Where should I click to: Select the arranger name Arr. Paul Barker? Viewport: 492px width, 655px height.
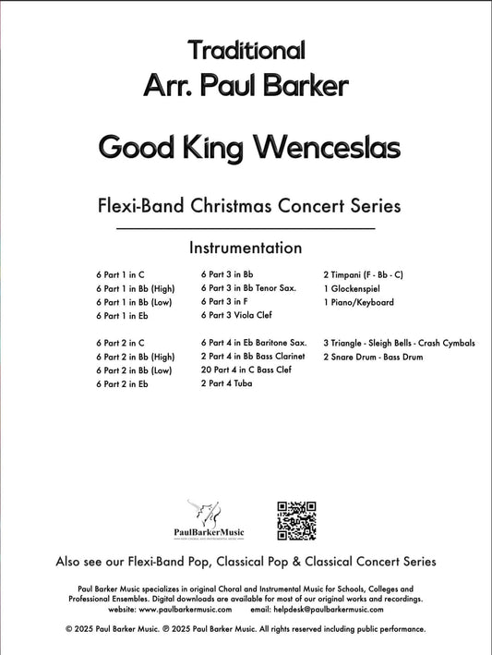coord(246,87)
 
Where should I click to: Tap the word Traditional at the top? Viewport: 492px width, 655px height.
coord(246,49)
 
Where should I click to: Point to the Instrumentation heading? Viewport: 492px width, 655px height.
coord(246,248)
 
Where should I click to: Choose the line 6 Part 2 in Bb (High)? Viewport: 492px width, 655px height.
coord(135,357)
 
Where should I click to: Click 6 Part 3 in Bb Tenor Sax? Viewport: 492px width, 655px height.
coord(248,288)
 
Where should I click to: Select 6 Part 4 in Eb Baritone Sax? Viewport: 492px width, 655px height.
coord(253,343)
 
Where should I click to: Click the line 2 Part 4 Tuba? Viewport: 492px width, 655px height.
coord(226,383)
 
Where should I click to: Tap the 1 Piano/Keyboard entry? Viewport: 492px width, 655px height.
coord(358,302)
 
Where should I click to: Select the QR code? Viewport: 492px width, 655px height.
coord(297,520)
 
